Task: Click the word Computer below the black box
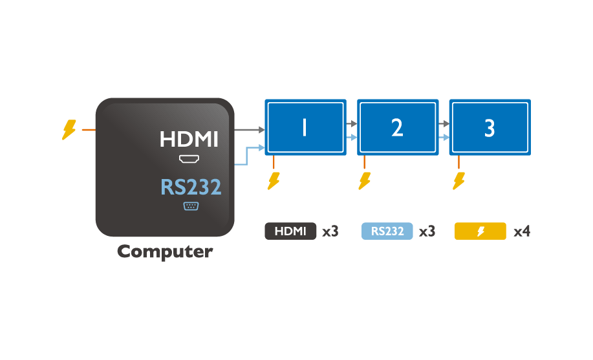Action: (164, 251)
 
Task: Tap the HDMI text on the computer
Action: (189, 139)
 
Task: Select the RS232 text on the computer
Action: (191, 187)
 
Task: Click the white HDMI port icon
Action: (189, 158)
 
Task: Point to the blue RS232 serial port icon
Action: (191, 206)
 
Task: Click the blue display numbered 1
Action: (305, 127)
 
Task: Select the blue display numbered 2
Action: (398, 127)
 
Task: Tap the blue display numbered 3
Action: (490, 127)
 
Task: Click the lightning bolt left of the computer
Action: (69, 130)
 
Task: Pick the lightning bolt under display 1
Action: (274, 180)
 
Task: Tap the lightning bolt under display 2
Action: (365, 180)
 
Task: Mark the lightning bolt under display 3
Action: (458, 180)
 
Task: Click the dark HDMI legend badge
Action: (290, 231)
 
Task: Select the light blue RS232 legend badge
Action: (387, 231)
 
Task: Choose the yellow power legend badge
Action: (480, 231)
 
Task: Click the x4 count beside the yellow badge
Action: (522, 231)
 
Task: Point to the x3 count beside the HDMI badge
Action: (330, 231)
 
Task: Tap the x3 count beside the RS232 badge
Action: (427, 231)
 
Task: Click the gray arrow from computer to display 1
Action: (249, 130)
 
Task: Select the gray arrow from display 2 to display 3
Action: (444, 123)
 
